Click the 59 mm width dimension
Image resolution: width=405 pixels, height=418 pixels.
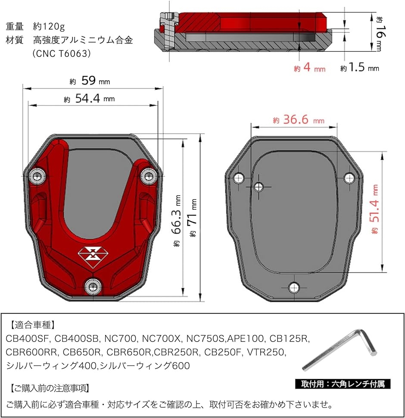90,81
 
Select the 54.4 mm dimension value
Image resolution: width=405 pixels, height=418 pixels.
89,98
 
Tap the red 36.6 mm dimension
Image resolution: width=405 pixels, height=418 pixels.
299,119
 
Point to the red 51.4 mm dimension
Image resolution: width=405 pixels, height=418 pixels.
374,209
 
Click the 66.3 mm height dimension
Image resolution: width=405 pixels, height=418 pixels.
177,221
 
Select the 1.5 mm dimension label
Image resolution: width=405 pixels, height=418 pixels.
359,67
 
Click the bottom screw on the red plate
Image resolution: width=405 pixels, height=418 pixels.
93,287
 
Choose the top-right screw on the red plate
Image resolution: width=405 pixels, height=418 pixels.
148,176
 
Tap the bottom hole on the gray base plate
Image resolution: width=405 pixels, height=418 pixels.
294,287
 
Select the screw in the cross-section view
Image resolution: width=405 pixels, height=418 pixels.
168,31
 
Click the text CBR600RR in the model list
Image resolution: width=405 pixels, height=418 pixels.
31,352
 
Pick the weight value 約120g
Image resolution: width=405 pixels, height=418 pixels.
49,26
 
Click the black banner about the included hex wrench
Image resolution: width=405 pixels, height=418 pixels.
343,384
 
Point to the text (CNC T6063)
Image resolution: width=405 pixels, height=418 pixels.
62,53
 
